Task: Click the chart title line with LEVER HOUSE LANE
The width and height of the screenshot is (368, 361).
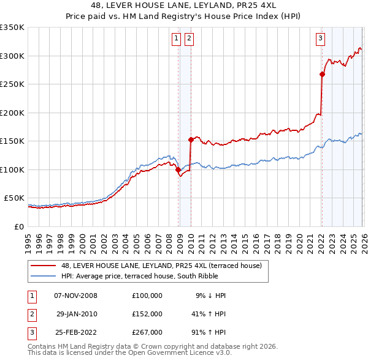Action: pyautogui.click(x=184, y=5)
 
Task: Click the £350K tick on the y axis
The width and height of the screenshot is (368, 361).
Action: pyautogui.click(x=12, y=28)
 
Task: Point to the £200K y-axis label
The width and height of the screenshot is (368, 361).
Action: pyautogui.click(x=12, y=113)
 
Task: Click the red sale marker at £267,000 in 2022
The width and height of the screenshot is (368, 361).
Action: pyautogui.click(x=322, y=74)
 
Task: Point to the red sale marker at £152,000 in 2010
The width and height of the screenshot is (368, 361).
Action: pyautogui.click(x=191, y=140)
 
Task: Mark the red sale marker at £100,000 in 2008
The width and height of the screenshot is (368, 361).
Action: pyautogui.click(x=178, y=169)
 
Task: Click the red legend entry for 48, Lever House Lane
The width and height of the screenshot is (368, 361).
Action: pyautogui.click(x=161, y=266)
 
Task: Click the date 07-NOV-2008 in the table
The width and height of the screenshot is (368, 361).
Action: pyautogui.click(x=76, y=296)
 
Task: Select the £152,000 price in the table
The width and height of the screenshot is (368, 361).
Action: pyautogui.click(x=147, y=313)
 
